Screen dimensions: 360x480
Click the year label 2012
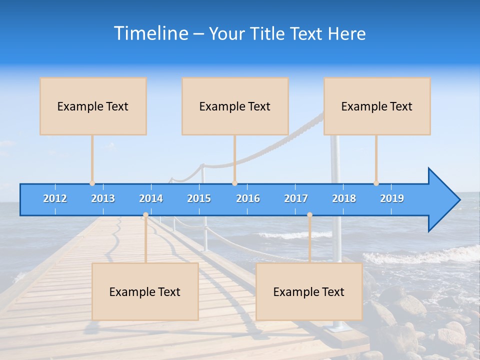(55, 198)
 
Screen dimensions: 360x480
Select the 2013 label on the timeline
(103, 198)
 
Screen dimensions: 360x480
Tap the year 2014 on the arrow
(151, 198)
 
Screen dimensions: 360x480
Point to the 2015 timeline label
(199, 198)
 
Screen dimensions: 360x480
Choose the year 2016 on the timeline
(248, 198)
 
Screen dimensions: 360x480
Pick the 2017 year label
(296, 198)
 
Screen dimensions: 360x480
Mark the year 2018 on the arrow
(344, 198)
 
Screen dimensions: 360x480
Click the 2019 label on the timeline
(392, 198)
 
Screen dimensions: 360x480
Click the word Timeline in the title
(150, 33)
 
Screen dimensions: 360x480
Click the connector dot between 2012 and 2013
(92, 183)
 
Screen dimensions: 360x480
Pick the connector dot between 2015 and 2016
(234, 183)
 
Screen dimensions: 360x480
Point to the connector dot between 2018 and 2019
(376, 183)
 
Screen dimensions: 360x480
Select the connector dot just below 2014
(145, 215)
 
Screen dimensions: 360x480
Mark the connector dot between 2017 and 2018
(309, 215)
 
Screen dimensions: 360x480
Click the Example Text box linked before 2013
(93, 106)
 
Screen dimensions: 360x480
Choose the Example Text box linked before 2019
(377, 106)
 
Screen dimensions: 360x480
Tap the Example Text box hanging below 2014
(145, 291)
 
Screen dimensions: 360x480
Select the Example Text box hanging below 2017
(309, 291)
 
